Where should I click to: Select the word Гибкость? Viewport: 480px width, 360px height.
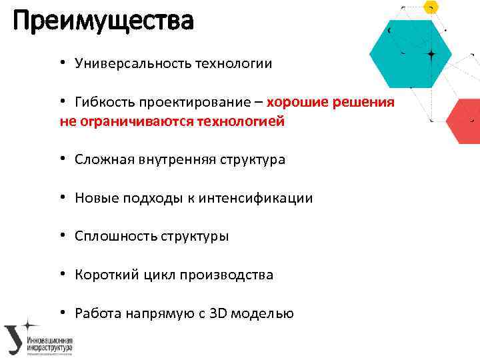[105, 103]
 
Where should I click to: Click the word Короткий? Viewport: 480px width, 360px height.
[105, 275]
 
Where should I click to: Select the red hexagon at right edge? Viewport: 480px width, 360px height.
[463, 120]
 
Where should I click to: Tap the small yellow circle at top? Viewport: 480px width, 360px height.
[431, 7]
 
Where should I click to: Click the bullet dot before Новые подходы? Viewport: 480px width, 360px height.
[61, 198]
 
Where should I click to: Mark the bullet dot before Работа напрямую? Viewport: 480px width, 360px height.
[61, 313]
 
